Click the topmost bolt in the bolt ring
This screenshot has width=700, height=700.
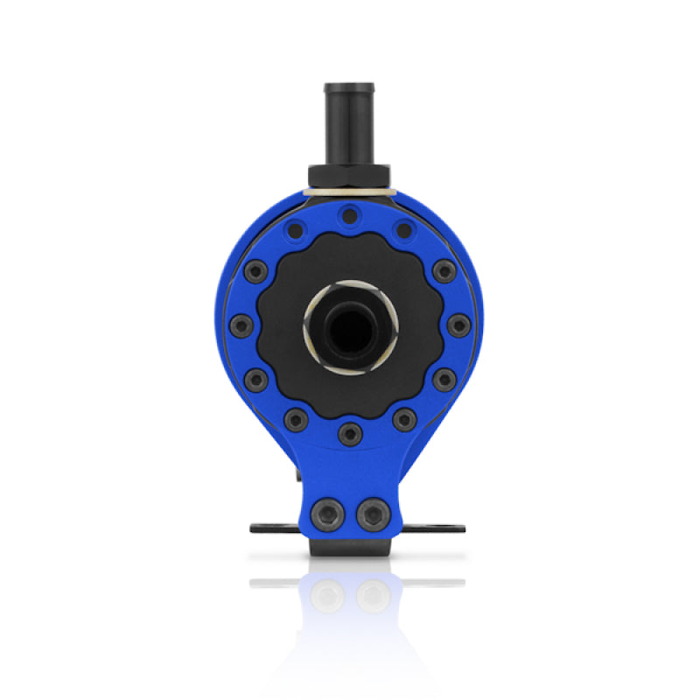(350, 215)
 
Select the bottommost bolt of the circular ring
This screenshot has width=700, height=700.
(350, 431)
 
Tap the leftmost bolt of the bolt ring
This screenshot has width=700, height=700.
(241, 325)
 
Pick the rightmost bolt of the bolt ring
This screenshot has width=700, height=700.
(458, 325)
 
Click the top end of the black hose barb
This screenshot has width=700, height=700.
(350, 87)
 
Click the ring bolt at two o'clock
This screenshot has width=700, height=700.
(444, 270)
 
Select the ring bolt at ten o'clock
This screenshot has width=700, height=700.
(255, 270)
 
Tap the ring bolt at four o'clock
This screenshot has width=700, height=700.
(444, 380)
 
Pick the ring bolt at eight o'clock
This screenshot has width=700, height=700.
(255, 380)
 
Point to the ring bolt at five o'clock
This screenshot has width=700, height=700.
(403, 419)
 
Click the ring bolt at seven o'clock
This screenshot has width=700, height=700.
(297, 419)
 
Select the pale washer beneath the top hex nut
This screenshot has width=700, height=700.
(350, 191)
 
